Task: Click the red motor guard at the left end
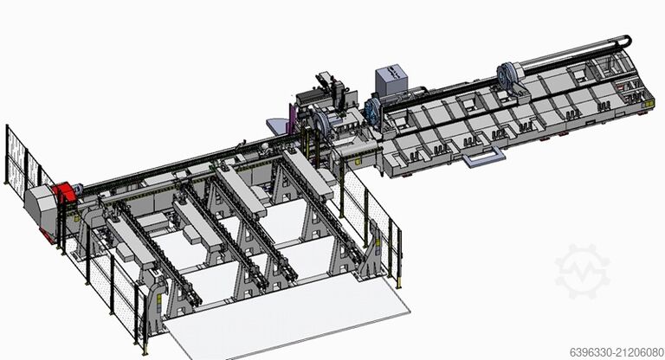click(x=61, y=195)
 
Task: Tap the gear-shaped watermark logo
click(x=582, y=271)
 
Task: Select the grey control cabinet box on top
click(x=389, y=82)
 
